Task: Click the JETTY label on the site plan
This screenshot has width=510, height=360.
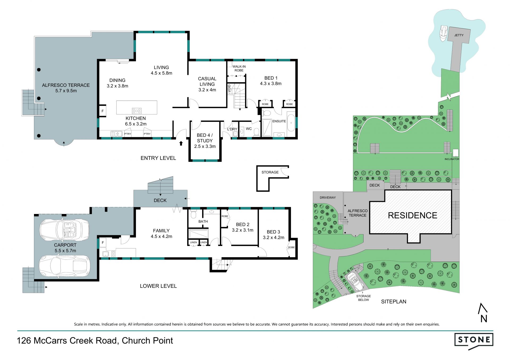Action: [459, 35]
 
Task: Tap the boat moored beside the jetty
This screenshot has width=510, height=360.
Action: [443, 33]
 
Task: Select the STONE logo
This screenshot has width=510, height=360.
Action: [474, 341]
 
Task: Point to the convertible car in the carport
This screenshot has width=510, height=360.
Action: [65, 229]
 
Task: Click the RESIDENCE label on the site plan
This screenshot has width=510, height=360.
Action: [413, 215]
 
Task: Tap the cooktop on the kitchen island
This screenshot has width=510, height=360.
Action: [137, 111]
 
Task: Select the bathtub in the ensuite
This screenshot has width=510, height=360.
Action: [291, 123]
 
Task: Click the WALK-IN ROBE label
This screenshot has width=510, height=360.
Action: [239, 68]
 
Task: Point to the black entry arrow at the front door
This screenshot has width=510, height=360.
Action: [181, 143]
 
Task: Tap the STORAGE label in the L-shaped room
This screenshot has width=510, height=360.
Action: [270, 172]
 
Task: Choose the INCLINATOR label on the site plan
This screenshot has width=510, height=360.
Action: [452, 159]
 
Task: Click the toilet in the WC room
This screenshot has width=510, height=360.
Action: [257, 132]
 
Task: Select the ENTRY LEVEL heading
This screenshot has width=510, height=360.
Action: [158, 158]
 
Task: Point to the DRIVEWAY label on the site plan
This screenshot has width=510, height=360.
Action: [328, 198]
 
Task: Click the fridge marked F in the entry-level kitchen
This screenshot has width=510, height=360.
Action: [103, 111]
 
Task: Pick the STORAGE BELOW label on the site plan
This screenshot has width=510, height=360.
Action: [364, 298]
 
